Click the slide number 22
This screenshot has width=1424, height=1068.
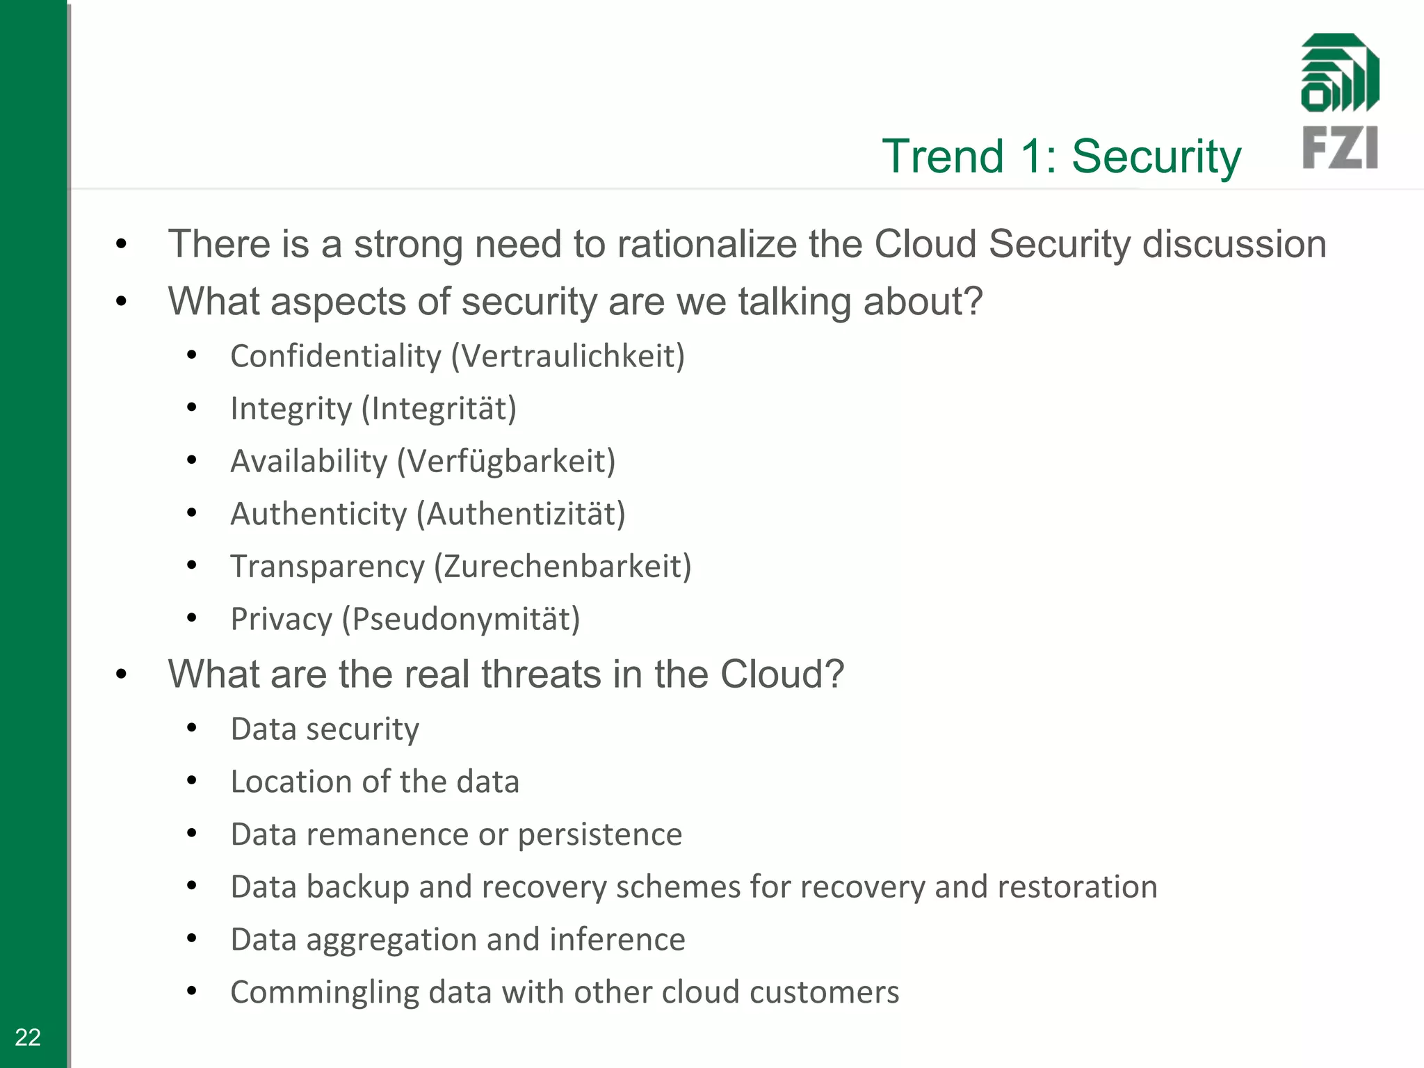(x=28, y=1037)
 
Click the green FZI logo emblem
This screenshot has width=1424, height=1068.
(x=1339, y=73)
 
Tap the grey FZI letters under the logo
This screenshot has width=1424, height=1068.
(x=1339, y=147)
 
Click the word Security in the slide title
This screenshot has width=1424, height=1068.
(x=1156, y=156)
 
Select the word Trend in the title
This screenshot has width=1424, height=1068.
(x=943, y=156)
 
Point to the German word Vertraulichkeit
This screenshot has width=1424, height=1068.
(x=568, y=356)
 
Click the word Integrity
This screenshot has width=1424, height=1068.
(x=291, y=409)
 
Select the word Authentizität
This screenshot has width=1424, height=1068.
(x=525, y=515)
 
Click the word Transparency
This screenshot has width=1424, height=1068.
(x=327, y=567)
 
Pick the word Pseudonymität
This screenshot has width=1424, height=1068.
(x=464, y=619)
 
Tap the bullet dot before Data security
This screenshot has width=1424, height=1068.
(x=192, y=728)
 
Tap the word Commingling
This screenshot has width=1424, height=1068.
(x=325, y=993)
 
